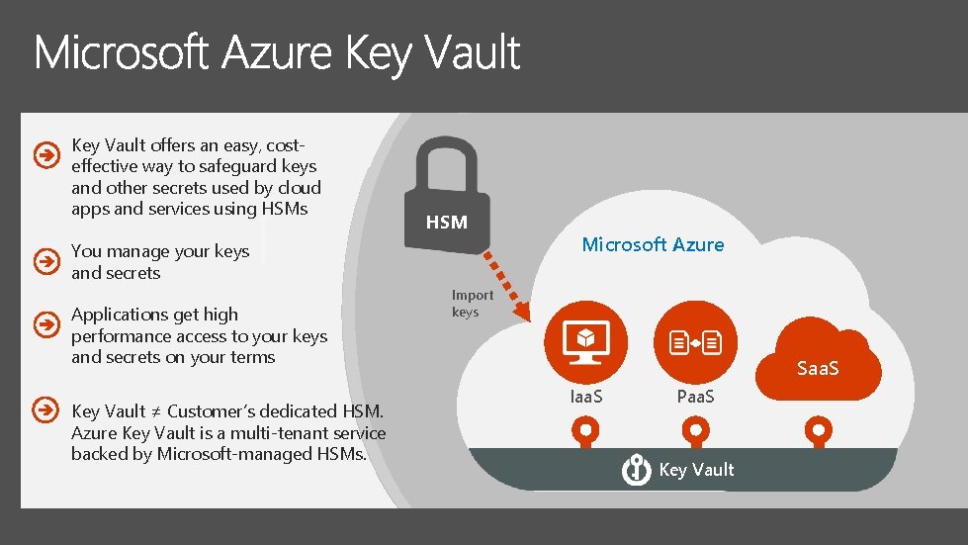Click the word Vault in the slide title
(x=473, y=52)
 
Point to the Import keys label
(x=472, y=304)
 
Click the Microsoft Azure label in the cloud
(x=653, y=244)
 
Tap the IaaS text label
(x=585, y=397)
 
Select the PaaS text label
(x=696, y=397)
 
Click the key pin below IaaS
(x=585, y=431)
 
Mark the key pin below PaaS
(x=696, y=431)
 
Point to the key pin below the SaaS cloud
(x=818, y=431)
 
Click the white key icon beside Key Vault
(x=636, y=470)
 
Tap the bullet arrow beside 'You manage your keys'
(x=44, y=261)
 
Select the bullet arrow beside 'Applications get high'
(x=44, y=324)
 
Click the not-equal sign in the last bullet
(x=156, y=411)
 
